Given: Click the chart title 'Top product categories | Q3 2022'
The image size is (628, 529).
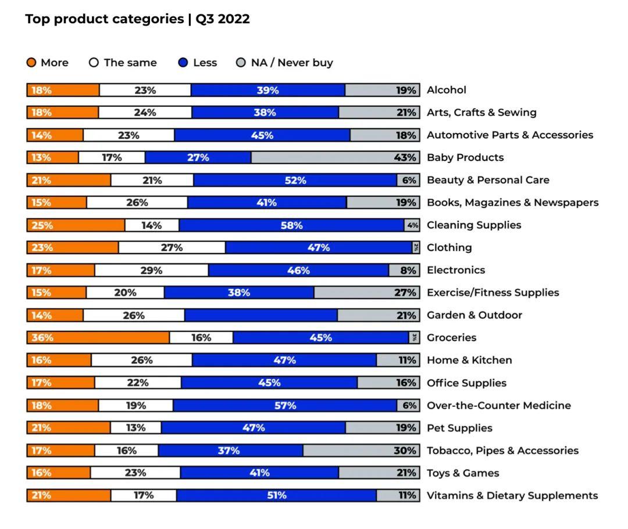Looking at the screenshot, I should click(x=137, y=19).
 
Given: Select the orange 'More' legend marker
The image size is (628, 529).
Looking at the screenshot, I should click(x=31, y=63).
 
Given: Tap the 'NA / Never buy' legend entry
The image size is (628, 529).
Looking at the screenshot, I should click(x=285, y=63).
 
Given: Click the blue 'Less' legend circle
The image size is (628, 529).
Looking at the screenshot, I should click(x=183, y=63).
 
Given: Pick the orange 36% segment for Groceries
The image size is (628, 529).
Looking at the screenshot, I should click(x=98, y=338).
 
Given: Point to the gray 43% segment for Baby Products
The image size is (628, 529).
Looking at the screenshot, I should click(x=335, y=158).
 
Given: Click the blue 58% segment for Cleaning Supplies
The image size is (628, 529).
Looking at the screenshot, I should click(x=291, y=226).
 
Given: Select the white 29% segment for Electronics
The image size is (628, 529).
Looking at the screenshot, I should click(x=151, y=270).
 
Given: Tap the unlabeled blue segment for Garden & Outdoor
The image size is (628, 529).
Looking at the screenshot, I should click(x=261, y=316).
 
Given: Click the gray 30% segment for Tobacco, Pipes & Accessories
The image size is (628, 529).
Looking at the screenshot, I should click(x=361, y=451).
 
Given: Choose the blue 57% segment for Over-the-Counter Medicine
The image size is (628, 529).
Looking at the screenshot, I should click(x=285, y=406).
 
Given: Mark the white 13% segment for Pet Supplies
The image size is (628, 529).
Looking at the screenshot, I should click(x=135, y=428).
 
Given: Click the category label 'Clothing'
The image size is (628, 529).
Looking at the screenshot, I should click(x=449, y=248).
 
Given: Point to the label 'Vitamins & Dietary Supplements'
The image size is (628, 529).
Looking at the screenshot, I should click(x=512, y=496).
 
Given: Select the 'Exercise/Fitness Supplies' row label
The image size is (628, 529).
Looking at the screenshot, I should click(x=493, y=292).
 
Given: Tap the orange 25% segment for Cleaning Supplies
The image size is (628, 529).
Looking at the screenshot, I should click(x=76, y=226).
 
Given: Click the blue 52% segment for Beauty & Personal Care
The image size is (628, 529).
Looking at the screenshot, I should click(x=295, y=180).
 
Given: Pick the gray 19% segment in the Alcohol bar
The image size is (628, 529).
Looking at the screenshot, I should click(x=381, y=90).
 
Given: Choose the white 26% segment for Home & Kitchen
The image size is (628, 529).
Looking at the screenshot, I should click(x=141, y=360).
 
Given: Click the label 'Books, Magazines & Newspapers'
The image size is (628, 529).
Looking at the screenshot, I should click(x=512, y=203).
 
